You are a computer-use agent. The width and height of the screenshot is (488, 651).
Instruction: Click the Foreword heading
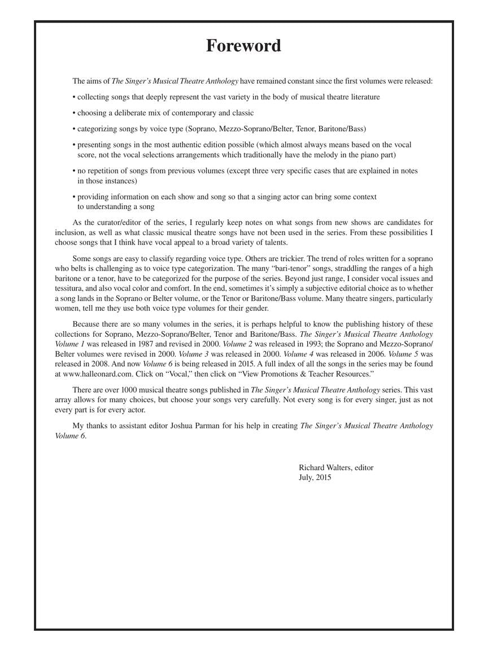(243, 46)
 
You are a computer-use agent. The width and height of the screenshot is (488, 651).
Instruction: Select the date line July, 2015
(315, 478)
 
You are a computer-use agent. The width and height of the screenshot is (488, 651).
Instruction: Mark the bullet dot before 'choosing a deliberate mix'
(74, 113)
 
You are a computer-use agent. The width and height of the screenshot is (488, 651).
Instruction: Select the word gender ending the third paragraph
(256, 309)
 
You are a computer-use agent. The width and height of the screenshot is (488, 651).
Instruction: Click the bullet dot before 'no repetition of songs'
(74, 171)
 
